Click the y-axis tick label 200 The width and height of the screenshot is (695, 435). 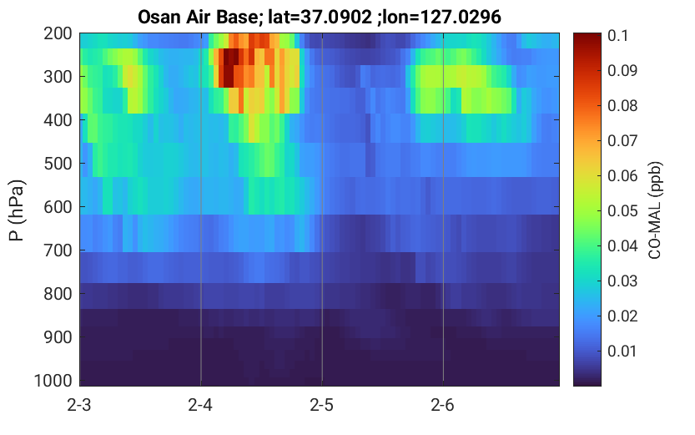[x=58, y=33]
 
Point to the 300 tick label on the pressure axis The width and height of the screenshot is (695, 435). [x=58, y=77]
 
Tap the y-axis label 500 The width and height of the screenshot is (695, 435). [x=58, y=164]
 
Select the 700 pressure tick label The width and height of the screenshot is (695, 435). [x=58, y=250]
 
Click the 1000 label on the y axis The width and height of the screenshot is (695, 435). [x=53, y=381]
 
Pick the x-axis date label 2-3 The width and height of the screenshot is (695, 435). [x=79, y=405]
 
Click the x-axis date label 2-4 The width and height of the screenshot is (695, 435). [x=200, y=405]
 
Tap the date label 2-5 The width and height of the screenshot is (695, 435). [x=321, y=405]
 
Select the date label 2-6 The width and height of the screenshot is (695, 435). [x=442, y=405]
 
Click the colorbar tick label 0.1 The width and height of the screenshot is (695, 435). [x=618, y=35]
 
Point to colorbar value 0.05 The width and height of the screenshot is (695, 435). [x=622, y=210]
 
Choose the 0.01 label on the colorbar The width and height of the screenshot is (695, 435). [x=622, y=352]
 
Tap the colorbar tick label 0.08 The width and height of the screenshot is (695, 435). [x=622, y=105]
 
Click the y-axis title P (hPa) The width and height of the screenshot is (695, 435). [x=17, y=210]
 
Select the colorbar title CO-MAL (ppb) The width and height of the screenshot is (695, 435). [x=655, y=210]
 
